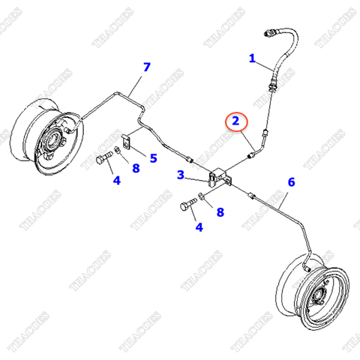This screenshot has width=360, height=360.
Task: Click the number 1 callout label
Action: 252,58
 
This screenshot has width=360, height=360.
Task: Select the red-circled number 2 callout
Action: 236,120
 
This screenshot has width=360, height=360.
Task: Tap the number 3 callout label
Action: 181,175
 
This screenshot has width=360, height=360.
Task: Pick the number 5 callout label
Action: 153,157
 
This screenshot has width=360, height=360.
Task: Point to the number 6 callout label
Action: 292,182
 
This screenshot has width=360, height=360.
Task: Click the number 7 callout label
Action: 147,69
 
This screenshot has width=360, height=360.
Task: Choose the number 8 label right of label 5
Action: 136,168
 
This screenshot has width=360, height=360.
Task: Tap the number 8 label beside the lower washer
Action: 220,212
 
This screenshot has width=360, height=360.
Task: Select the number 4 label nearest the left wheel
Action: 116,180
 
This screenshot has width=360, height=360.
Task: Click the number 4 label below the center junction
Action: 198,227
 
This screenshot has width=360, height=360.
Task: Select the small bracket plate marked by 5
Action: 127,142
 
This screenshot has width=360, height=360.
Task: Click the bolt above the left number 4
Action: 103,159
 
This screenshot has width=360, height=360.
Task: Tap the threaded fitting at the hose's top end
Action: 271,34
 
